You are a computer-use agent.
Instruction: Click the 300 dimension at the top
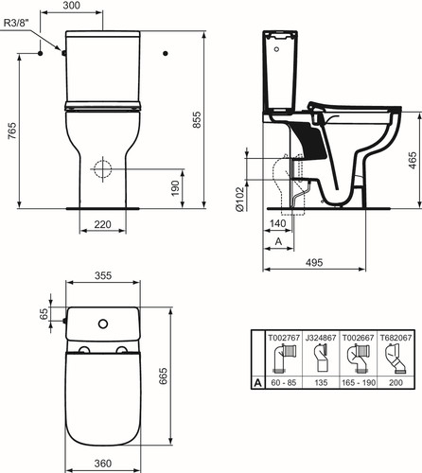click(71, 6)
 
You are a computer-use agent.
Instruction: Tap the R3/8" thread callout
click(16, 23)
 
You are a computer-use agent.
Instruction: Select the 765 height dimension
click(12, 131)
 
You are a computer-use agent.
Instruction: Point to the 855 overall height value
click(196, 119)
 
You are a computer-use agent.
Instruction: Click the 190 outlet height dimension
click(175, 188)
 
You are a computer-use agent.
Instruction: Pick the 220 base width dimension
click(103, 224)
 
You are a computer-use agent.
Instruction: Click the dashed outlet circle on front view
click(102, 169)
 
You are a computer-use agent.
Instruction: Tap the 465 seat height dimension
click(413, 160)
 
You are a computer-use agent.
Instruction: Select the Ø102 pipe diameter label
click(239, 199)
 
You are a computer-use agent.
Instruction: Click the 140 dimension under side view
click(278, 223)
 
